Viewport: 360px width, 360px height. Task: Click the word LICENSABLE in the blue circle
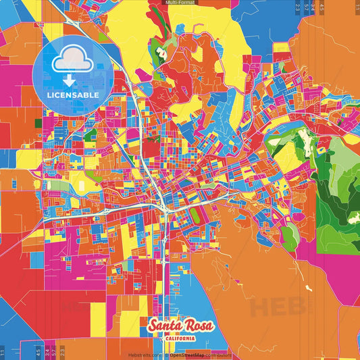[x=74, y=94]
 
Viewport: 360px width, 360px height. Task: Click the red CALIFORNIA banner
[x=180, y=338]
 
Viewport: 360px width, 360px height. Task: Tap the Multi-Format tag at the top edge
[x=180, y=3]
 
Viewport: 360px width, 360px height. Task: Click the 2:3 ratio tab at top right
[x=298, y=7]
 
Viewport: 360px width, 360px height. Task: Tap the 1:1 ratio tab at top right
[x=356, y=7]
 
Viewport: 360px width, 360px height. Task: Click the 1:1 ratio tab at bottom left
[x=3, y=352]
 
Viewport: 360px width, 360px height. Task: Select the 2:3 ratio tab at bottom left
[x=62, y=352]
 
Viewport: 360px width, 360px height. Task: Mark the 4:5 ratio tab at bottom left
[x=38, y=352]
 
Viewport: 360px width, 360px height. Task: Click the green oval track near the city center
[x=195, y=215]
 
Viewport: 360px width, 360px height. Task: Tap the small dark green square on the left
[x=37, y=123]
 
